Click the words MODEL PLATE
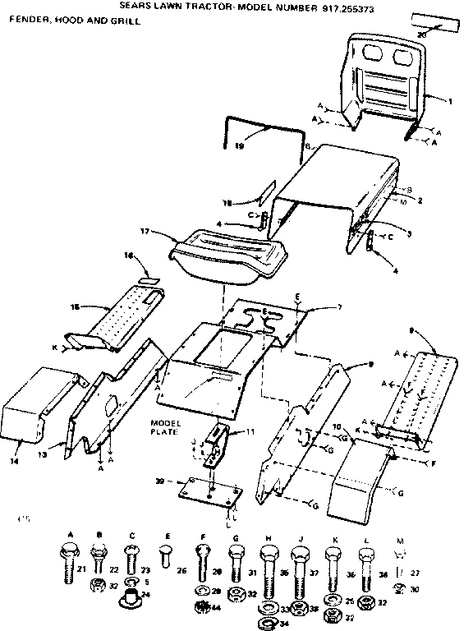165,427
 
